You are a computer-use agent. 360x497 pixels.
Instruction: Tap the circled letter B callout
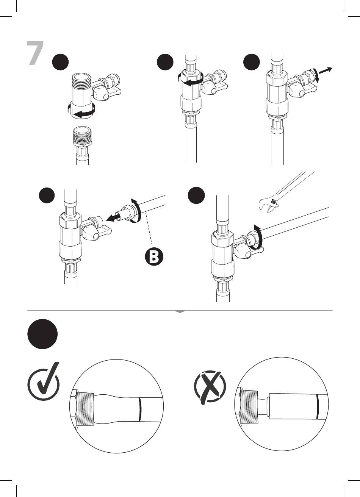(154, 257)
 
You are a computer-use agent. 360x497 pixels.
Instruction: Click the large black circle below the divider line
(42, 334)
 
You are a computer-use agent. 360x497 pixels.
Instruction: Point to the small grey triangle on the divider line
(180, 312)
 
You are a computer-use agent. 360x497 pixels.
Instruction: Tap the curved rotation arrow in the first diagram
(82, 111)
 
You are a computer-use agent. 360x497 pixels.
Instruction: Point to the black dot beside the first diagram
(60, 62)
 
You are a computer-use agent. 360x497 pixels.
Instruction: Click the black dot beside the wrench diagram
(196, 195)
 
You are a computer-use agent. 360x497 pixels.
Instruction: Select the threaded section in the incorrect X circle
(249, 406)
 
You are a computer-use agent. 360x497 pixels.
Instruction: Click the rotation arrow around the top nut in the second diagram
(191, 80)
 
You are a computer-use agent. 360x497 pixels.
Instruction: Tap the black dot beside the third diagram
(252, 62)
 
